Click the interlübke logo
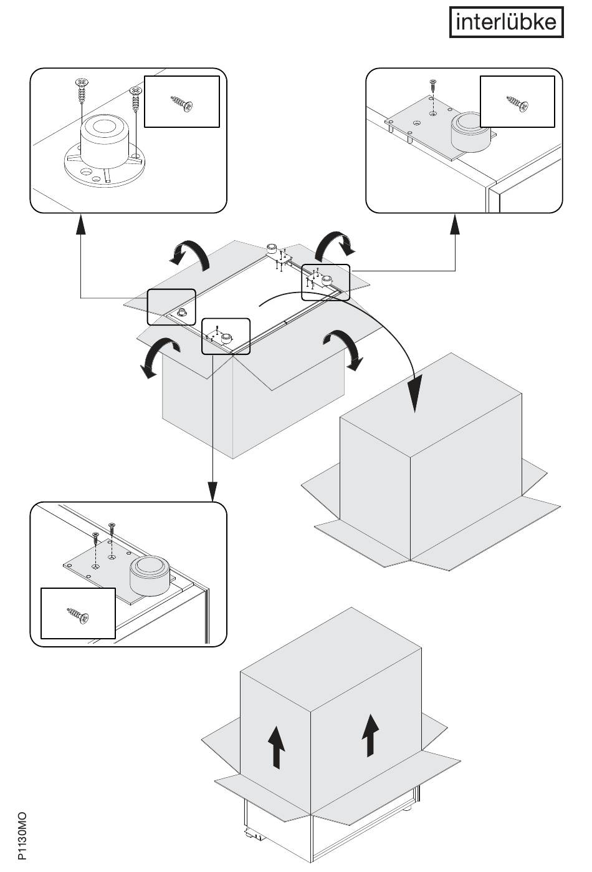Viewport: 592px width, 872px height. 506,22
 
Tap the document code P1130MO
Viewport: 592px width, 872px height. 22,836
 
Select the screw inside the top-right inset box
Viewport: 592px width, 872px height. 517,102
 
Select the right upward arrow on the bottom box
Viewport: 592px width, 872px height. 371,735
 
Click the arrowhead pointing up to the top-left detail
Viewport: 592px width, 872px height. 81,225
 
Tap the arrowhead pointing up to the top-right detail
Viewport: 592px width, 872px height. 456,225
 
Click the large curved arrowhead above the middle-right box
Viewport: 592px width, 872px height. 416,393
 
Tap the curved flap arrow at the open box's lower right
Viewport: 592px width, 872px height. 343,349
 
